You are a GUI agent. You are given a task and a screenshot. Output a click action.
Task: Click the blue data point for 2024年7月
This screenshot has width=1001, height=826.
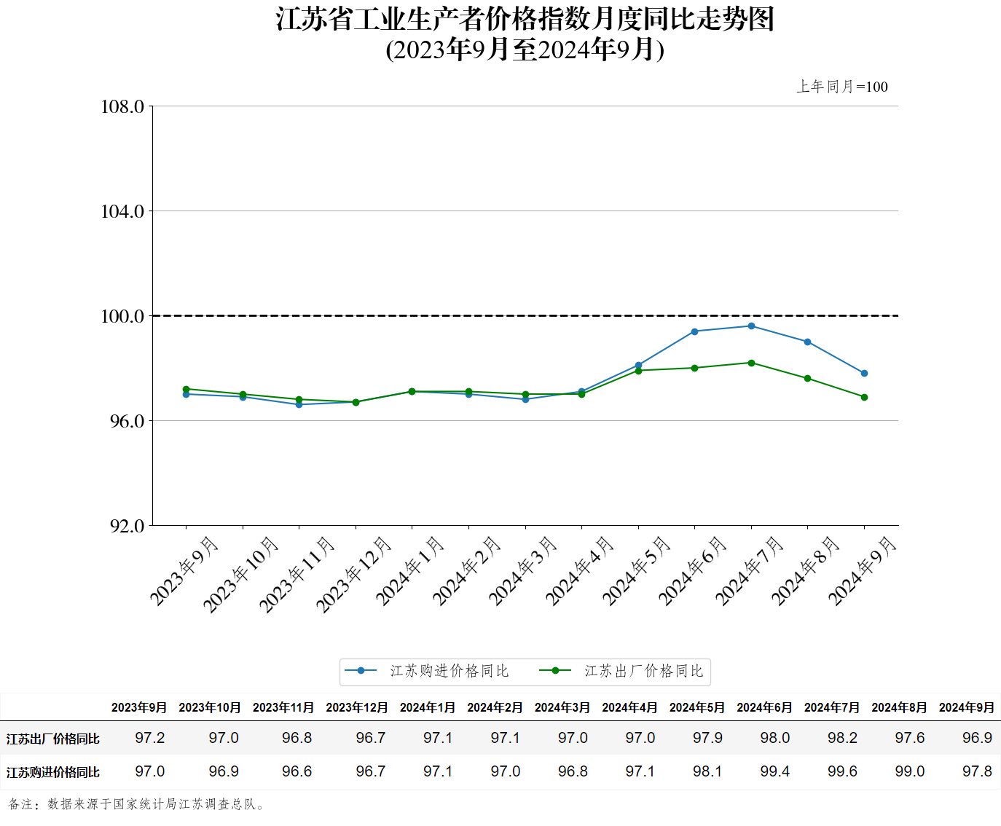pos(751,326)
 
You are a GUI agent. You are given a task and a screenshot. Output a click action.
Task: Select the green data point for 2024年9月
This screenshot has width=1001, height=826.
pos(864,397)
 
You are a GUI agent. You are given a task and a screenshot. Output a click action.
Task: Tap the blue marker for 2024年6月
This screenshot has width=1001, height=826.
pos(694,331)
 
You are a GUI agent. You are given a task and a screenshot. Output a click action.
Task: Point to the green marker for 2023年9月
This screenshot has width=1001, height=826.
pos(186,389)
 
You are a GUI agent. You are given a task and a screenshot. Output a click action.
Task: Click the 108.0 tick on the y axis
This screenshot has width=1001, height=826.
pos(122,107)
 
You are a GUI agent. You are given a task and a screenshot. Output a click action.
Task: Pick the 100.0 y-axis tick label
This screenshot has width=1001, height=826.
pos(122,316)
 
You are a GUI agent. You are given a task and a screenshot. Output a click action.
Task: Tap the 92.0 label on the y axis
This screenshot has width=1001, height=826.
pos(127,526)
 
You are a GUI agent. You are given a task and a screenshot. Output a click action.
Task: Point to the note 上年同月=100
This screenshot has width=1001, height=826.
pos(842,87)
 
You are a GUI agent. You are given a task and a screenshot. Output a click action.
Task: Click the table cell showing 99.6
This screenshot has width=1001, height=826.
pos(842,771)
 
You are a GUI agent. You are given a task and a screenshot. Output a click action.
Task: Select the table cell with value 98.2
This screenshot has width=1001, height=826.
pos(842,738)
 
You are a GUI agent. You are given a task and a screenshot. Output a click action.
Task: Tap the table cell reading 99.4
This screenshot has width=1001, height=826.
pos(774,771)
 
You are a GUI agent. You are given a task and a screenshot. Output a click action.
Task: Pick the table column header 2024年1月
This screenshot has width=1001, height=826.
pos(428,707)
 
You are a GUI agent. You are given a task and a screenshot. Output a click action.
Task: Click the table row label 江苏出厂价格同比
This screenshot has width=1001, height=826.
pos(53,739)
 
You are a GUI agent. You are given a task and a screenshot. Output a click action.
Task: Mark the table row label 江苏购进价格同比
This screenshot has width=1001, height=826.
pos(53,772)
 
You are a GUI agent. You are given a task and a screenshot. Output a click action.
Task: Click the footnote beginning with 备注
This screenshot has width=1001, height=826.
pos(138,804)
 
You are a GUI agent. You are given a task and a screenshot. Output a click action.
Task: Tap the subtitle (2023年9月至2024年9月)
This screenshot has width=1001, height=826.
pos(525,50)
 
